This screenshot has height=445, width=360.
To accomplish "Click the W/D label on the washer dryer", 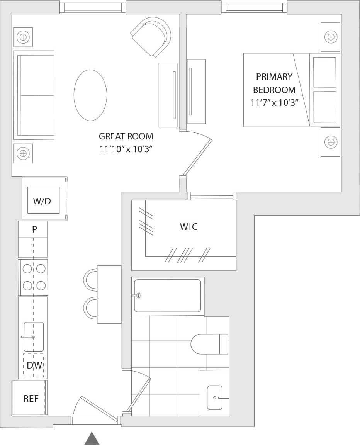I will (x=42, y=201).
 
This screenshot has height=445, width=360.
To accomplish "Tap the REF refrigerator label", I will (x=31, y=399).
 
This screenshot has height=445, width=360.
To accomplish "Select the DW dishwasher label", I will (x=34, y=365).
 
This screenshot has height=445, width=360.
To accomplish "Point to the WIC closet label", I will (x=188, y=227).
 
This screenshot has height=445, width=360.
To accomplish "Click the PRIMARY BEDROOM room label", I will (x=274, y=83).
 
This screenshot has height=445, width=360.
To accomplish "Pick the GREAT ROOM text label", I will (x=126, y=136).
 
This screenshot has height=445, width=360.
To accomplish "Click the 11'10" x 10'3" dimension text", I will (x=126, y=149).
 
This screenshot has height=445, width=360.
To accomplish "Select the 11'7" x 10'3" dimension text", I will (x=274, y=103).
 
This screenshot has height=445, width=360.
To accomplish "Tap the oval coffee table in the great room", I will (x=90, y=95).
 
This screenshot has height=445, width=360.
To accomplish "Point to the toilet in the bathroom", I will (x=209, y=344).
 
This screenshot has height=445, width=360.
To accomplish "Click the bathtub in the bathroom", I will (x=167, y=296).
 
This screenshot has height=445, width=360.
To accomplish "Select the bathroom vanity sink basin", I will (x=215, y=397).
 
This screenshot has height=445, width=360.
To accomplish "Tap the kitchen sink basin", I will (x=34, y=336).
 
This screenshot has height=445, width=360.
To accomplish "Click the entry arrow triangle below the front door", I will (x=92, y=438).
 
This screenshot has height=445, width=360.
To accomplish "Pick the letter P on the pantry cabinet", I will (x=34, y=229).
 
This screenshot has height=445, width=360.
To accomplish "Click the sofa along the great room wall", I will (x=34, y=95).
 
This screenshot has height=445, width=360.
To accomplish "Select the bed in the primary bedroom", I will (x=286, y=90).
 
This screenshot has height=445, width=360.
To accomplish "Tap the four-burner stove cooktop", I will (x=34, y=277).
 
